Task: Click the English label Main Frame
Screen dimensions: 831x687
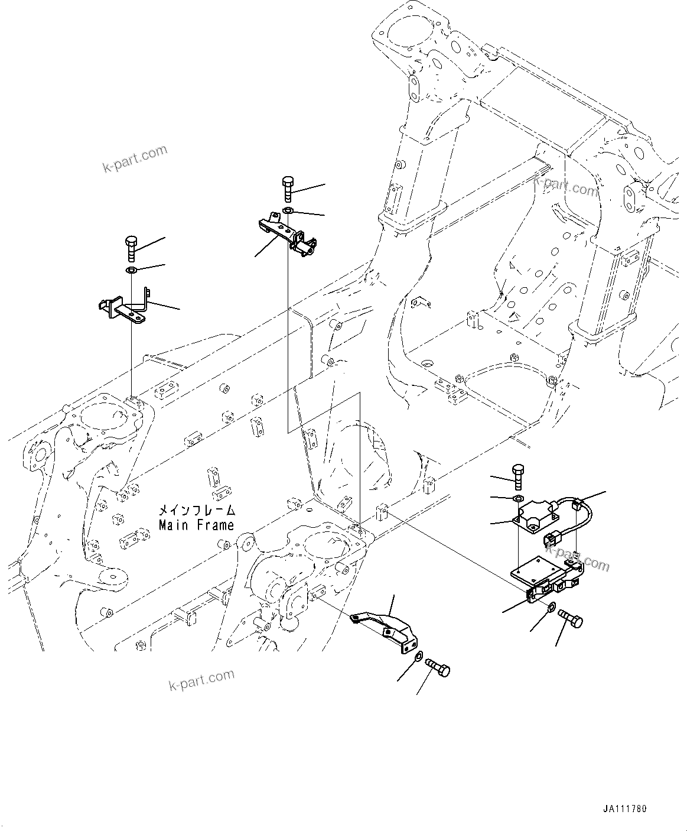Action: point(196,525)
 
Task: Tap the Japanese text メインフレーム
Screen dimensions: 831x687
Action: point(196,510)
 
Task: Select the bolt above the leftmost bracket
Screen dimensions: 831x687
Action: point(131,248)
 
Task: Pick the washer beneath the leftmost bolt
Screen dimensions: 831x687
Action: point(131,271)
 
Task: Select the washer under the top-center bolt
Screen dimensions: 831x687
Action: point(288,211)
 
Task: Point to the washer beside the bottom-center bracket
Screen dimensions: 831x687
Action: point(418,656)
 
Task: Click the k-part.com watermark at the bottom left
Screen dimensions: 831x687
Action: point(201,680)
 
